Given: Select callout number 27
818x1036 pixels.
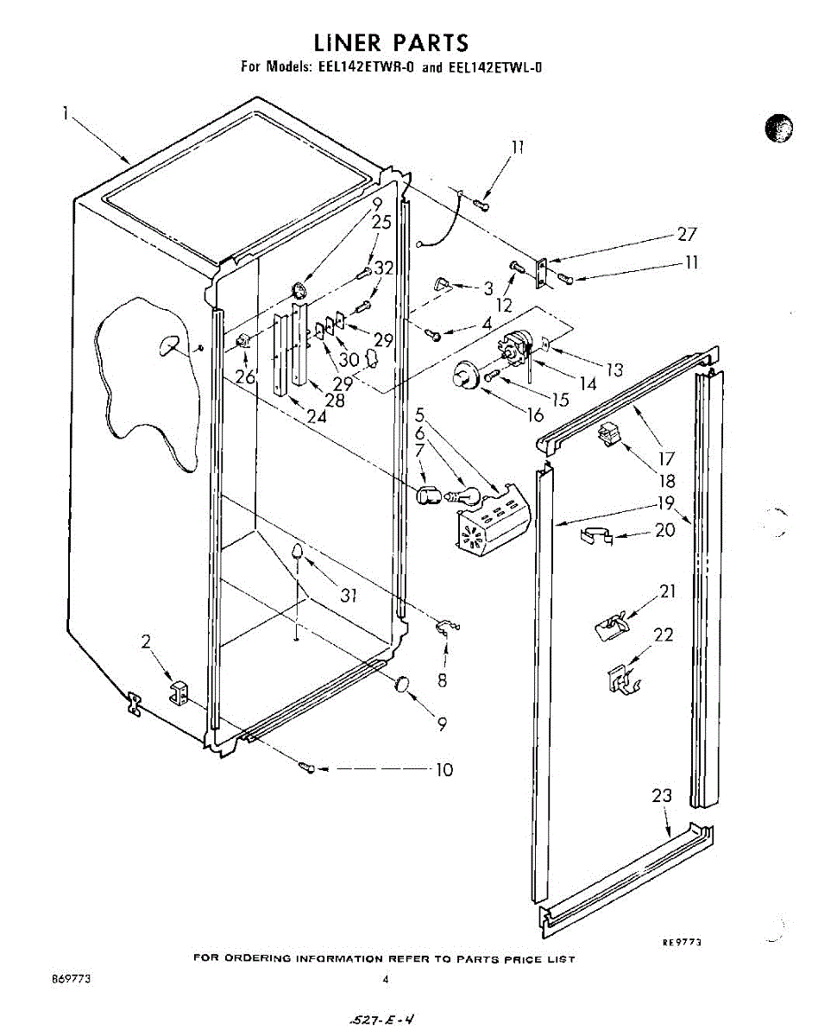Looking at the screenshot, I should pyautogui.click(x=687, y=234).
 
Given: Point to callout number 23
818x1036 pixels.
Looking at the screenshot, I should pyautogui.click(x=662, y=796).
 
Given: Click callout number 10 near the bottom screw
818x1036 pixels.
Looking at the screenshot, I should pyautogui.click(x=444, y=769).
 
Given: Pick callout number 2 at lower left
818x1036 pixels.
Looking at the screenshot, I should pyautogui.click(x=147, y=641).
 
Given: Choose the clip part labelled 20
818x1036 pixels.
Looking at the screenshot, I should pyautogui.click(x=593, y=536).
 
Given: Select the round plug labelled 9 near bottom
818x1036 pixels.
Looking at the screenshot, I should pyautogui.click(x=401, y=685).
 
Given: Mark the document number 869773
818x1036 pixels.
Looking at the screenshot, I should pyautogui.click(x=72, y=980).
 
